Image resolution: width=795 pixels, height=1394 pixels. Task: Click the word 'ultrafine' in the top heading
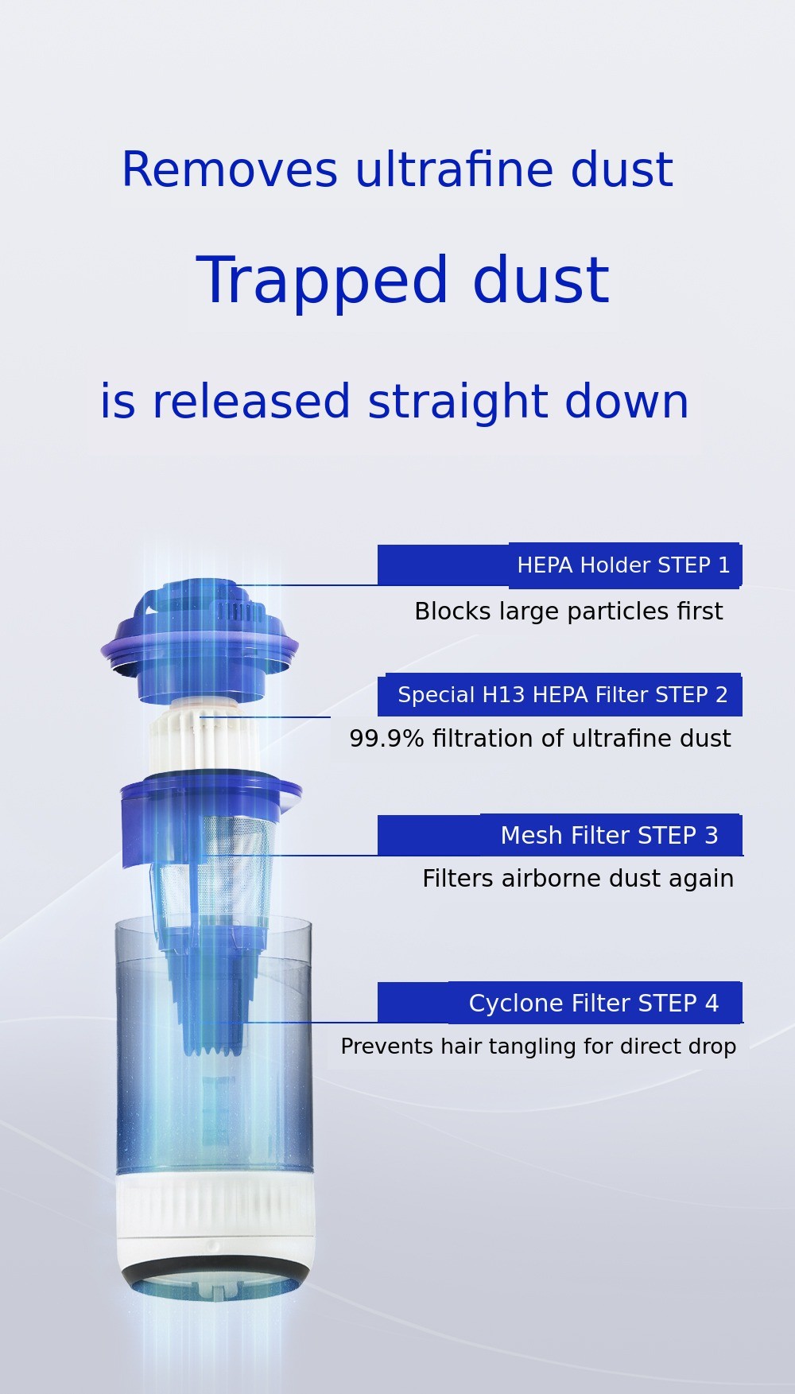point(456,169)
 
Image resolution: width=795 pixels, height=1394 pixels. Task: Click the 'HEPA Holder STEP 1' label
point(623,565)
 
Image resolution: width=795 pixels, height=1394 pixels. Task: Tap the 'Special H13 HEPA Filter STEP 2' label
point(563,695)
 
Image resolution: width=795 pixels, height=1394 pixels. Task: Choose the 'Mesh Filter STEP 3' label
point(609,836)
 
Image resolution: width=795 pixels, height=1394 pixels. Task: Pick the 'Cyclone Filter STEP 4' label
point(594,1004)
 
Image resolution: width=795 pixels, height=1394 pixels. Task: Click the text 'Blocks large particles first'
point(568,612)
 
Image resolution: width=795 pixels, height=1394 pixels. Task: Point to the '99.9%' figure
point(386,739)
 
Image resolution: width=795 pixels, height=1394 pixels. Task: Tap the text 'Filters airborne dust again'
point(578,879)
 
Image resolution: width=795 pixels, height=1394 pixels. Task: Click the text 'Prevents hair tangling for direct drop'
point(538,1046)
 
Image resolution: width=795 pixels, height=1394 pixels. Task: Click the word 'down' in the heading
point(626,402)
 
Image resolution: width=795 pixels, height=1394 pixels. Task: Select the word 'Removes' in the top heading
point(230,169)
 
